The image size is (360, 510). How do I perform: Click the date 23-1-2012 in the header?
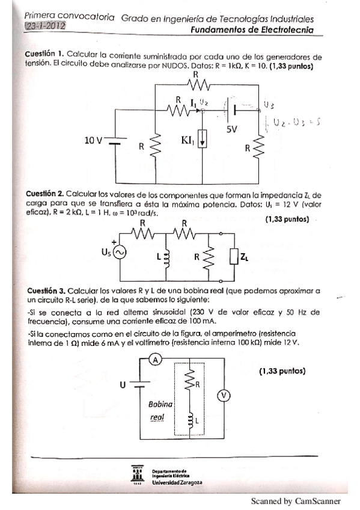(46, 27)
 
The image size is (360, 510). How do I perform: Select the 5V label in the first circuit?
(233, 129)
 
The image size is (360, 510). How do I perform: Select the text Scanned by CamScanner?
(296, 501)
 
